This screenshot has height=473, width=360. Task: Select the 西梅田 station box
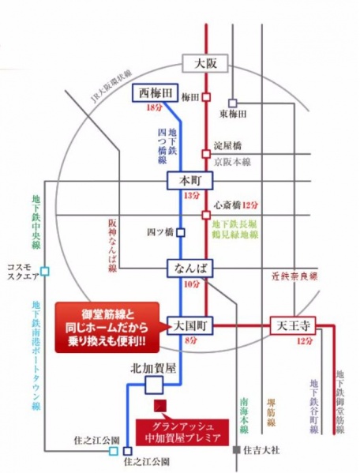click(155, 93)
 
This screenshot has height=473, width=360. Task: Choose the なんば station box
click(189, 268)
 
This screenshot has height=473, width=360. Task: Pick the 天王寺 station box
click(293, 325)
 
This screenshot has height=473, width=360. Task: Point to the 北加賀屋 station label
click(153, 368)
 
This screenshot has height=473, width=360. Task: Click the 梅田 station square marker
click(206, 98)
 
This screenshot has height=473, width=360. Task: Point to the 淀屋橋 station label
click(227, 146)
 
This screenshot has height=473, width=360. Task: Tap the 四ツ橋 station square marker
click(181, 232)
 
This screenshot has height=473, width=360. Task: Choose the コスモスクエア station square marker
click(45, 271)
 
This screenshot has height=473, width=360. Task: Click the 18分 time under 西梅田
click(155, 107)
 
